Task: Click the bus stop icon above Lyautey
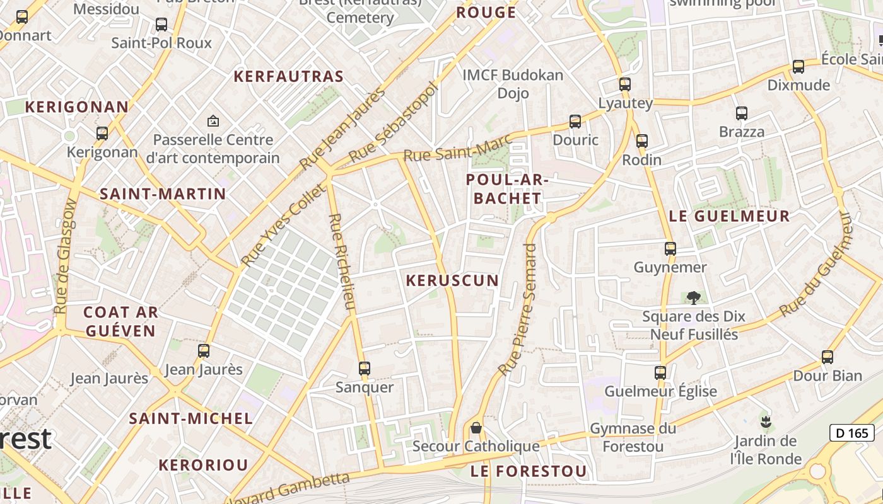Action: click(624, 84)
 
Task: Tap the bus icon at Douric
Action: click(575, 122)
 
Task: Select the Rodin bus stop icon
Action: click(641, 141)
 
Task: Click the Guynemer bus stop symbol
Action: click(670, 249)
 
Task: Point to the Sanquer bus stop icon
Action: click(364, 369)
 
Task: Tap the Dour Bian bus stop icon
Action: click(827, 357)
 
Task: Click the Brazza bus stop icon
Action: click(741, 113)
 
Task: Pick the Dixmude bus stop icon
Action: click(798, 67)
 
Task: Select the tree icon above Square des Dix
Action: click(693, 297)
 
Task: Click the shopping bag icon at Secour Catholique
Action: click(476, 428)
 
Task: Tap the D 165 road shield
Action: click(851, 433)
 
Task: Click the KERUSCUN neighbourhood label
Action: click(452, 280)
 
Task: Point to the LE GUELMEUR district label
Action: click(728, 216)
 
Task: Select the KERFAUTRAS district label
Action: click(288, 77)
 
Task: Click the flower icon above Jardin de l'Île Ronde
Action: click(766, 421)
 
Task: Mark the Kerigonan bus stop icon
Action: click(102, 134)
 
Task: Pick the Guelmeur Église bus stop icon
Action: click(660, 372)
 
